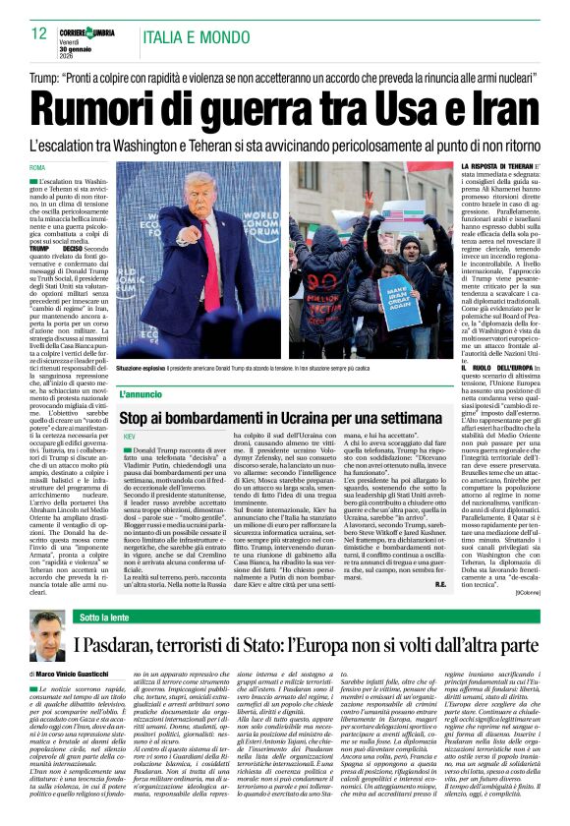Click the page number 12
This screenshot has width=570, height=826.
click(x=38, y=32)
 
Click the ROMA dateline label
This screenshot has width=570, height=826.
click(x=37, y=168)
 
